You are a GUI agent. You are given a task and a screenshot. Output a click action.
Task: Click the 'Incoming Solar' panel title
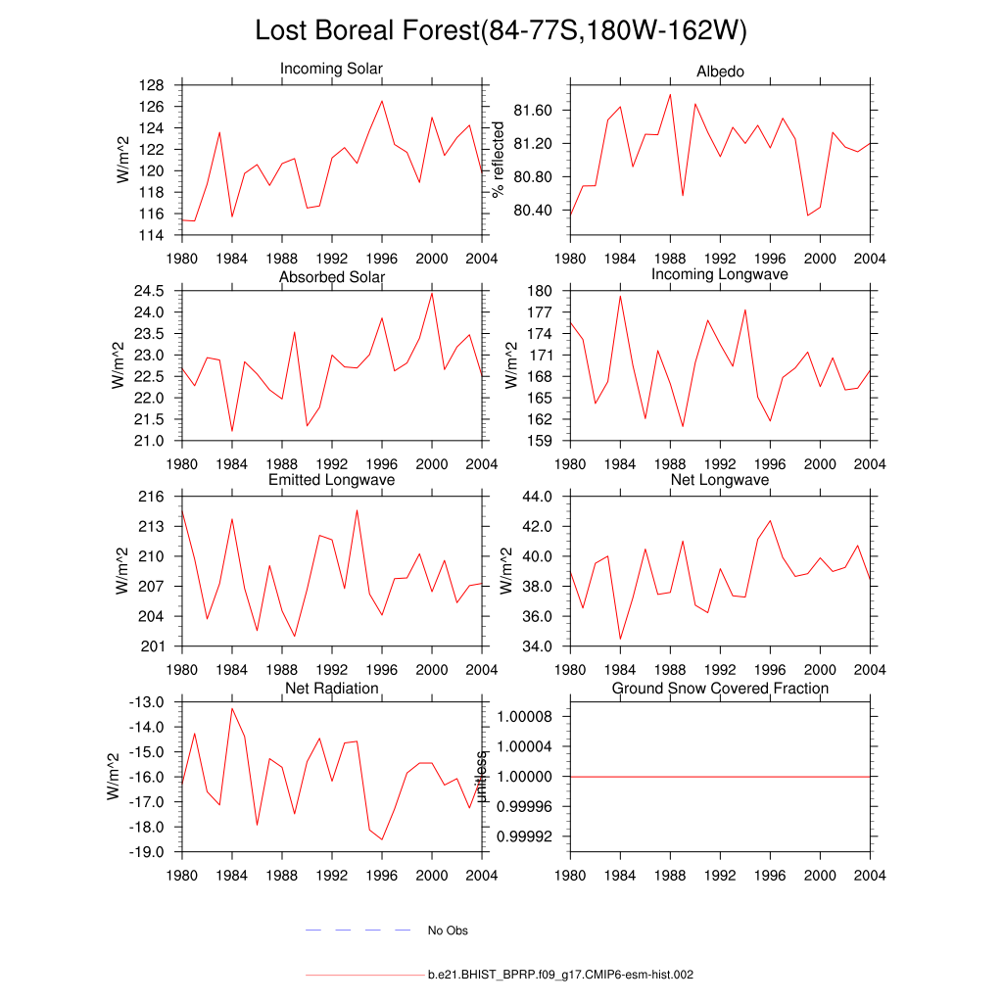click(x=331, y=70)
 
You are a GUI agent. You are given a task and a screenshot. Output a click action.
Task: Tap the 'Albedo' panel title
click(x=720, y=72)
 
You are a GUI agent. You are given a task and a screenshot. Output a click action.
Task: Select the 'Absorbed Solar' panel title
click(x=331, y=277)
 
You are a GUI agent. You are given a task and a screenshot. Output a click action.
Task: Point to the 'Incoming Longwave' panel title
click(x=720, y=274)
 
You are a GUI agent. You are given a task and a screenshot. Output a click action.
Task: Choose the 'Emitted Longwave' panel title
click(x=331, y=480)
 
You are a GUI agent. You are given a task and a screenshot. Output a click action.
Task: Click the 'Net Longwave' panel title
click(x=720, y=480)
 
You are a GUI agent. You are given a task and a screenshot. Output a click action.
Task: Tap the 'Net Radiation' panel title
click(x=331, y=689)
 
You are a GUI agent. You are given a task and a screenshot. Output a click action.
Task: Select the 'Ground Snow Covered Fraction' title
click(x=720, y=689)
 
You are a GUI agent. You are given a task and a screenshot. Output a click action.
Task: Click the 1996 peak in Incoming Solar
click(x=382, y=101)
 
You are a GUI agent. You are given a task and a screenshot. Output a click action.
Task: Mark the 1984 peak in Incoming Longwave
click(x=621, y=296)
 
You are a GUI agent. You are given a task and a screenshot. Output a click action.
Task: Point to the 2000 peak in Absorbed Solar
click(x=432, y=293)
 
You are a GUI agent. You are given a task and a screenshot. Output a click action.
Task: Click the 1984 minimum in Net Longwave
click(x=621, y=639)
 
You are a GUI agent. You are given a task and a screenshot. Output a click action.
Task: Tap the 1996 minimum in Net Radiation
click(x=382, y=839)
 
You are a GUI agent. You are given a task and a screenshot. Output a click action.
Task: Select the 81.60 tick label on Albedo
click(x=533, y=111)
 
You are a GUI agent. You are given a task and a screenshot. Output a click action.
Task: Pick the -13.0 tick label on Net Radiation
click(x=147, y=702)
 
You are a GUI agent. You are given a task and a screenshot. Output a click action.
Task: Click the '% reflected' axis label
click(x=499, y=158)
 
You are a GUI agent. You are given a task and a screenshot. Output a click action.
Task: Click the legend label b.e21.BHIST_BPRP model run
click(x=560, y=976)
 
